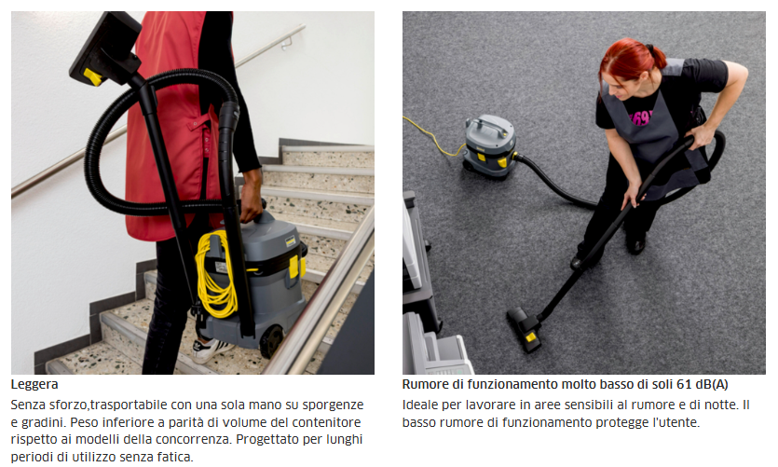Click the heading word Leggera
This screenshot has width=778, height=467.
coord(34,385)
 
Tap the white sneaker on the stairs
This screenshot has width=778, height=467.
coord(211,350)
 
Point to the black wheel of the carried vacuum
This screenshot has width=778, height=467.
coord(272,341)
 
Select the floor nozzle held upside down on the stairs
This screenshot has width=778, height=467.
coord(105,48)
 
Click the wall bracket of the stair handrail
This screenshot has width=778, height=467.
coord(286,44)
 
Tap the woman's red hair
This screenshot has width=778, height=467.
coord(630,60)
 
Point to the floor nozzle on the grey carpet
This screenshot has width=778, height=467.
coord(525,329)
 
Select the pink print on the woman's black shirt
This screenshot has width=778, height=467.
coord(640,117)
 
